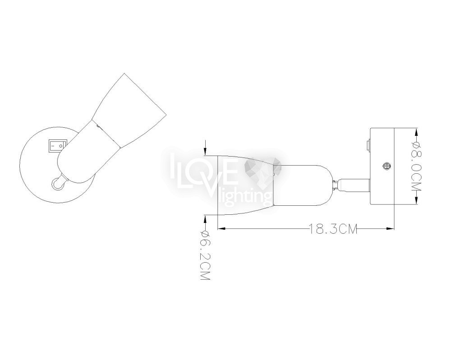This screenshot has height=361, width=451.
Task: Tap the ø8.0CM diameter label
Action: coord(416,166)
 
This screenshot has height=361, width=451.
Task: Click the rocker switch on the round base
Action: coord(57,145)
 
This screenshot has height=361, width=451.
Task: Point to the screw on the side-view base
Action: coord(387,166)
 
